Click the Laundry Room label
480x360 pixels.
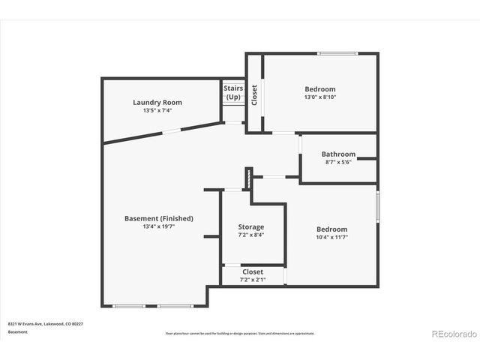click(x=157, y=103)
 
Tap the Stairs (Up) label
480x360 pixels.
click(x=233, y=92)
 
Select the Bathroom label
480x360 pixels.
click(x=337, y=154)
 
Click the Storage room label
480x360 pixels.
click(x=251, y=227)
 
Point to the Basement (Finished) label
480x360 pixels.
click(x=158, y=218)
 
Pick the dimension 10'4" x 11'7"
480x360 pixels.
click(x=331, y=237)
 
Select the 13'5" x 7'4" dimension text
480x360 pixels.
click(x=157, y=111)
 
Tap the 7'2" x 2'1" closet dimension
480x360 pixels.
click(x=252, y=280)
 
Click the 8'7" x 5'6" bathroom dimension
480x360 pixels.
click(x=337, y=163)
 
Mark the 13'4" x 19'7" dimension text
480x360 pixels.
click(x=158, y=226)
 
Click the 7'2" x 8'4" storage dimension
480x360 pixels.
click(x=251, y=235)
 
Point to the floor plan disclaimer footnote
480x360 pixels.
click(x=240, y=334)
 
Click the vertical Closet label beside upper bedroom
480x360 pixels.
click(x=254, y=94)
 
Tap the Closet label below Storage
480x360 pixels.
click(x=252, y=271)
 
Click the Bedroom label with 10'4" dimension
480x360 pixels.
click(x=331, y=229)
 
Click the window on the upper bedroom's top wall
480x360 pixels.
click(x=331, y=53)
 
